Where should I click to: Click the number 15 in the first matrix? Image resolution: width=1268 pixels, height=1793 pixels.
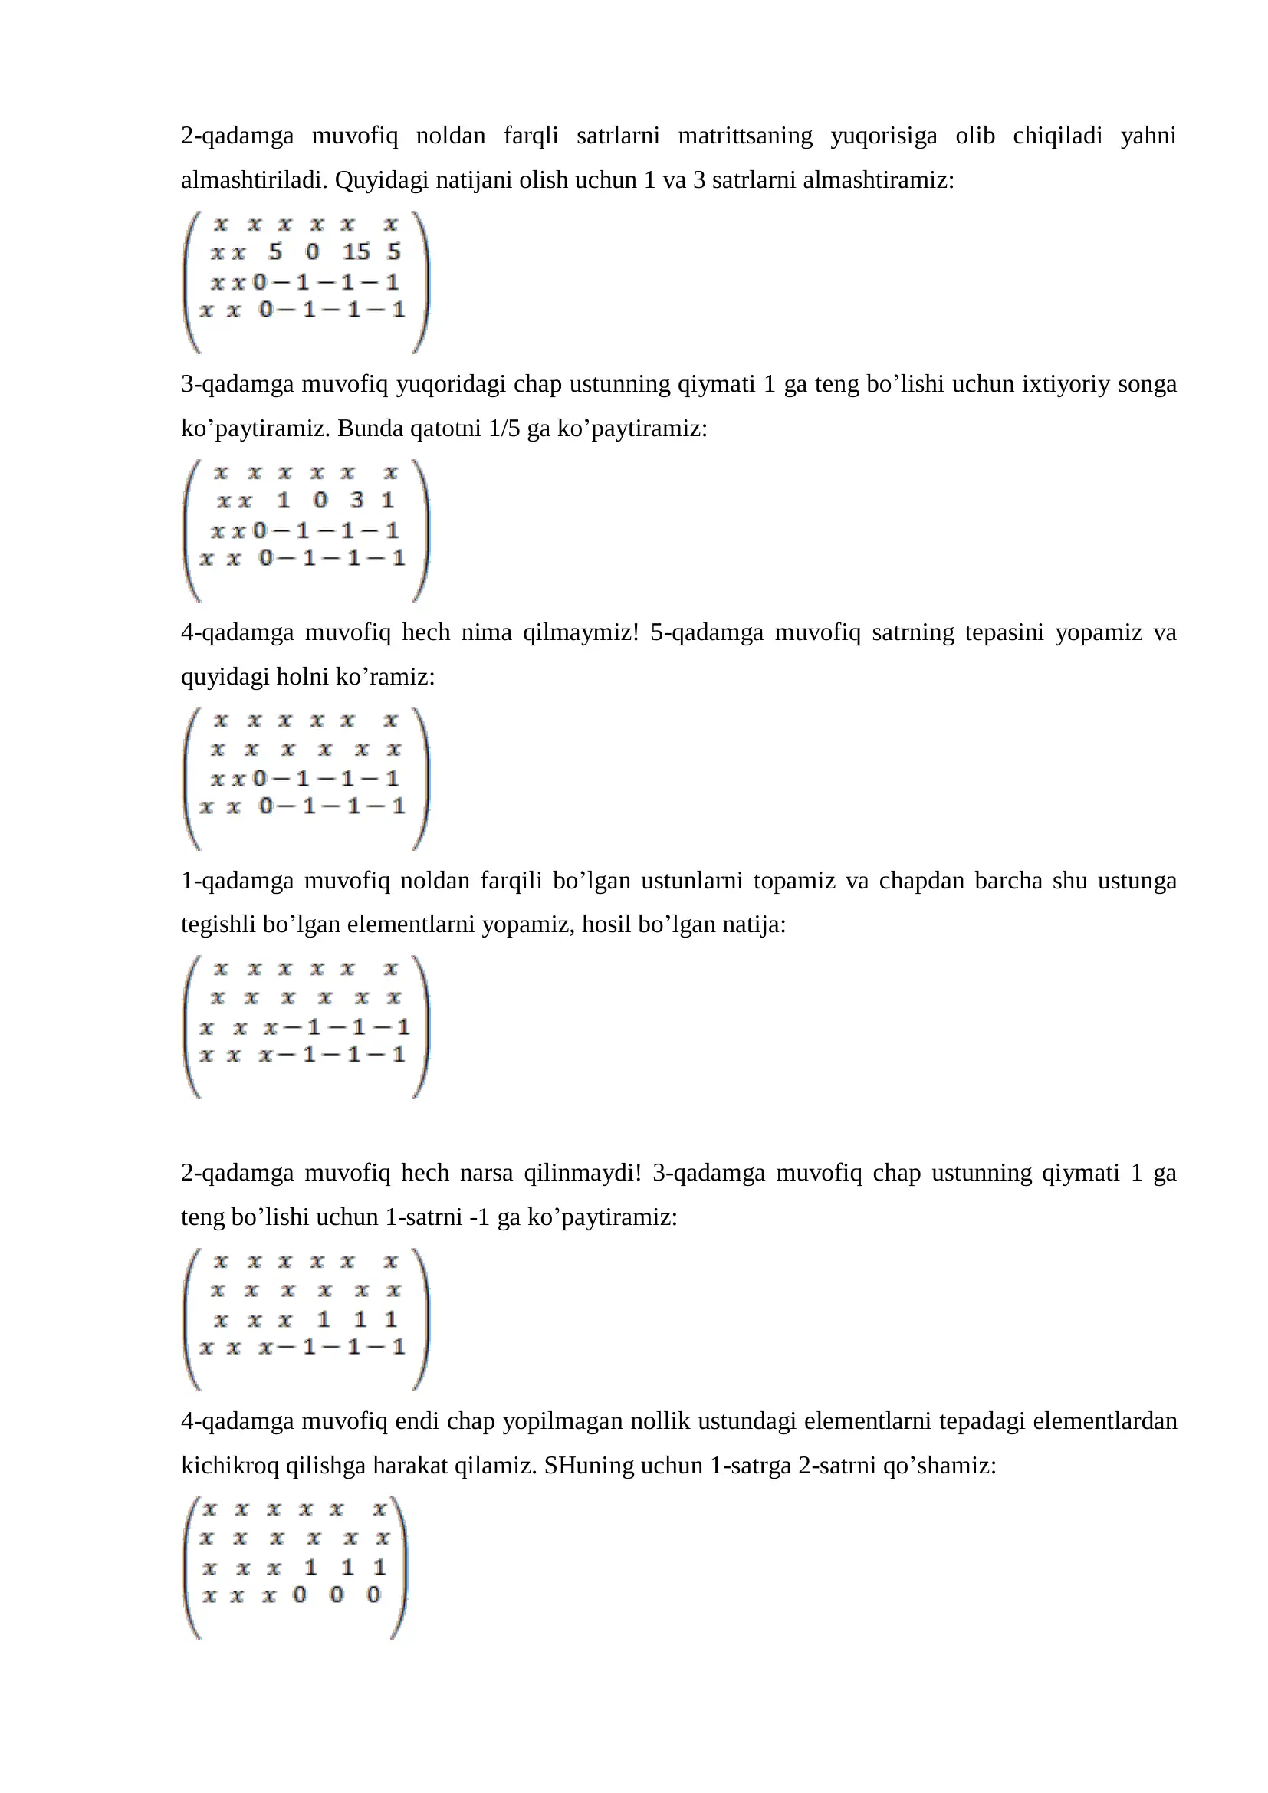(356, 252)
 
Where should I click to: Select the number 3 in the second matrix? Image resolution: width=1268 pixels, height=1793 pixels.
(356, 500)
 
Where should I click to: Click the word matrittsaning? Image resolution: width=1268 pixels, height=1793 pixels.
(745, 136)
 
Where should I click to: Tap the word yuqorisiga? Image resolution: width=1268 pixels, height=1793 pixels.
(884, 136)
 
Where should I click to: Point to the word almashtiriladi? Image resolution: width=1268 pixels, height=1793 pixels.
(255, 180)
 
